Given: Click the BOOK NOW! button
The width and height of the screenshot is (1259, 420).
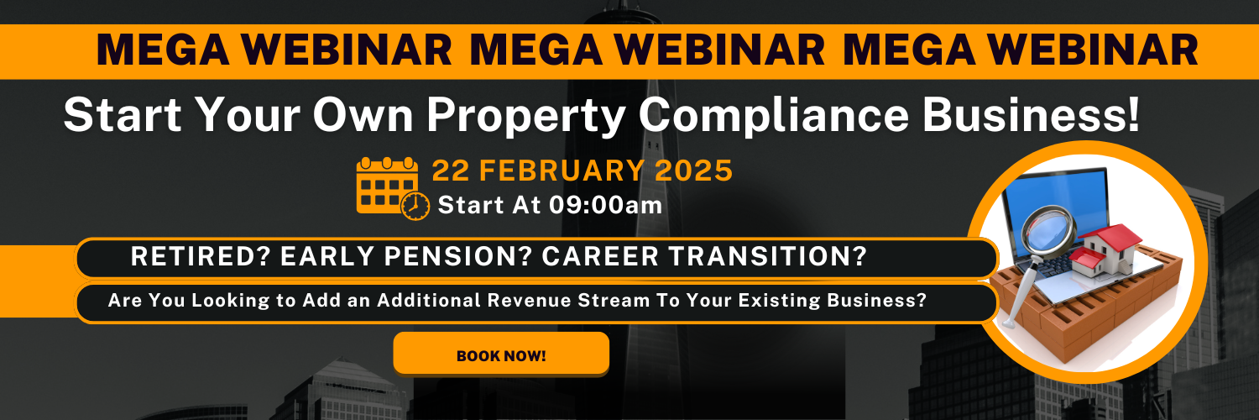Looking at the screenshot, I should coord(501,354).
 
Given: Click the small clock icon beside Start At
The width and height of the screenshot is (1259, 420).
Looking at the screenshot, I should coord(415,207).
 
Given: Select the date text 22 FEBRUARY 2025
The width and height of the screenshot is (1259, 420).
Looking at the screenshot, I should coord(582,171).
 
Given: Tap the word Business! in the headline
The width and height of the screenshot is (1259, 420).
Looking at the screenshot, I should coord(1035,115).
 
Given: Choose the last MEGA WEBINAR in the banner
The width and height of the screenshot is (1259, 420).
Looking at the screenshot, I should coord(1020,50).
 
